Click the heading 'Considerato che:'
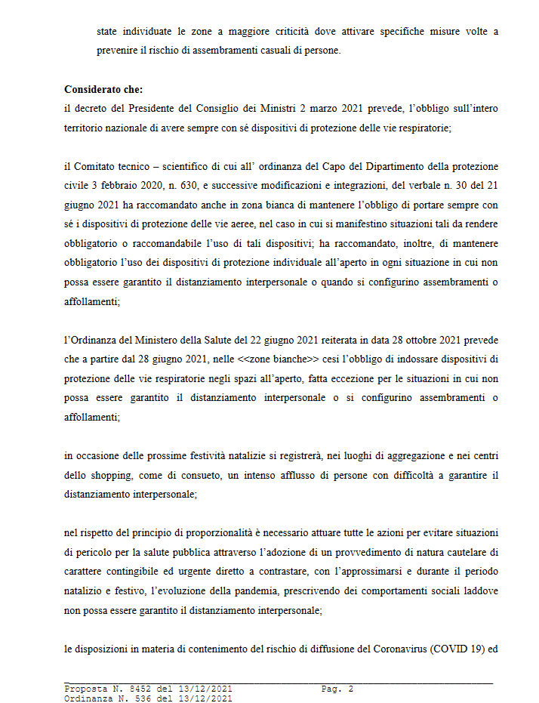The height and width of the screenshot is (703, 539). point(99,89)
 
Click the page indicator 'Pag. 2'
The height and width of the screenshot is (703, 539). point(337,689)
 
